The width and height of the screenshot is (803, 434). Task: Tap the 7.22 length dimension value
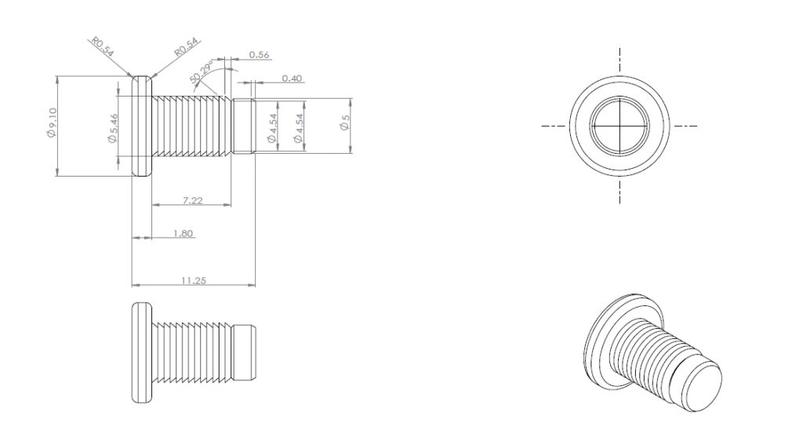click(192, 201)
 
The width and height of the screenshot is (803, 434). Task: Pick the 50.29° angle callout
click(204, 72)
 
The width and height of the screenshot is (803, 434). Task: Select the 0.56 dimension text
click(258, 54)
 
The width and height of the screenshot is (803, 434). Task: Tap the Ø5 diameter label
click(344, 126)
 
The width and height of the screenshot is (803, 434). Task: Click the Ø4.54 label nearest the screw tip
click(271, 126)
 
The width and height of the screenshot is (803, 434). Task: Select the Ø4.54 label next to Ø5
click(298, 126)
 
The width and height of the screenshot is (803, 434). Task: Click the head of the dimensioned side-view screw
click(141, 126)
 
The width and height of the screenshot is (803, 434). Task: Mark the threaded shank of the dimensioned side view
click(192, 126)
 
